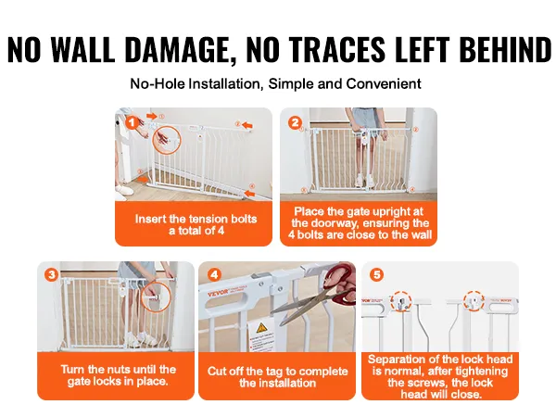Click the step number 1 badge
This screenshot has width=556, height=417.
132,123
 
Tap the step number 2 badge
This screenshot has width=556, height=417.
295,123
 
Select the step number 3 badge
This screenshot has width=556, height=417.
52,275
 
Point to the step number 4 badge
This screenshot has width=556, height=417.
214,275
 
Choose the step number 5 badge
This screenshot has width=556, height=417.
376,275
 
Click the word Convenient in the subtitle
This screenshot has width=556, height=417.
384,84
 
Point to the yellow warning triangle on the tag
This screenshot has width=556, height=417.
261,327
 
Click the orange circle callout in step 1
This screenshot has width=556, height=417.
167,139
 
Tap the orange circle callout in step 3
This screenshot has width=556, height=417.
156,297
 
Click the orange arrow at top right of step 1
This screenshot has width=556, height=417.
247,125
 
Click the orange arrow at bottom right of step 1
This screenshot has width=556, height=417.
249,194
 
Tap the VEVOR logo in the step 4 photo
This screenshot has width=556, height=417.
219,294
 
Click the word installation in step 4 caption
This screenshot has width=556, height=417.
277,383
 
